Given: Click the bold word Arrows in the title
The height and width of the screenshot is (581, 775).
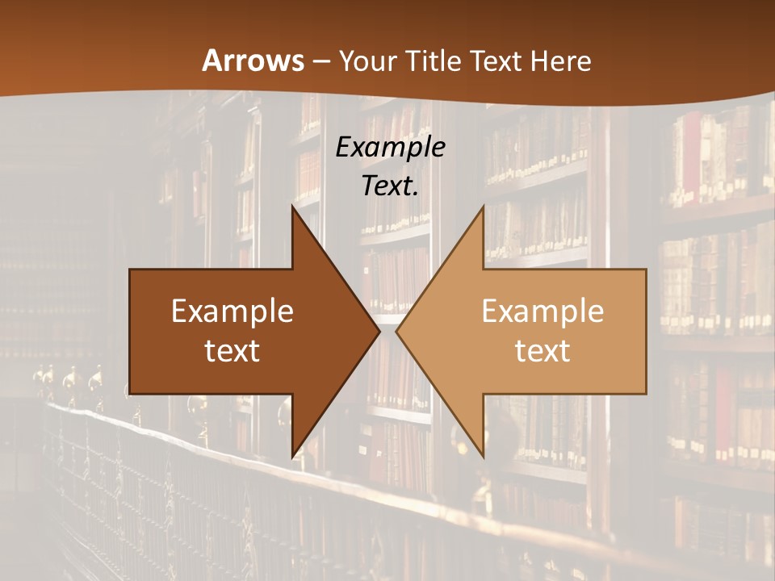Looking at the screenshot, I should (253, 61).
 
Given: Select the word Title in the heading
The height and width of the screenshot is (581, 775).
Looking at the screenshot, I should (434, 61).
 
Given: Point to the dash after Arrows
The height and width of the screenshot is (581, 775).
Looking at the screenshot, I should (320, 61).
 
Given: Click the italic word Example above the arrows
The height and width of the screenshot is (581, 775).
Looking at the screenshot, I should (391, 147).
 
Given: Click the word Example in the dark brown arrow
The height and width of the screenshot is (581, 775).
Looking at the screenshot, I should (232, 311).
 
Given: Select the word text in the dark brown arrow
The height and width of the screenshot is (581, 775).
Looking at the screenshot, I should (232, 350).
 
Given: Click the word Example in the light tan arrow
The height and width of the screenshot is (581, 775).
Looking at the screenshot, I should (542, 311).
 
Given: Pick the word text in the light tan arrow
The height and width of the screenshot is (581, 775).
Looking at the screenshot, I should (542, 350).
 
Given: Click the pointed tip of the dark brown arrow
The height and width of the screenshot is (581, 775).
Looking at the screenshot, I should (379, 332).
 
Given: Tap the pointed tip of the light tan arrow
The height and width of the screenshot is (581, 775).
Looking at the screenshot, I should (396, 332).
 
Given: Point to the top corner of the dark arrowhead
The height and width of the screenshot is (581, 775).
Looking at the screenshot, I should (292, 206).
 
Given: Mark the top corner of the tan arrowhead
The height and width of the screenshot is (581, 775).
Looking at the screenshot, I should (483, 206).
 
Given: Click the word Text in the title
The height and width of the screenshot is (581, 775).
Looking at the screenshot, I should (493, 61).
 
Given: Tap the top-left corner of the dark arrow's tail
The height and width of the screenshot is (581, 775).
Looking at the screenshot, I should (130, 270).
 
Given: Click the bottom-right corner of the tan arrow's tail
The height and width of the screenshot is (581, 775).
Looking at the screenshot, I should (646, 394).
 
